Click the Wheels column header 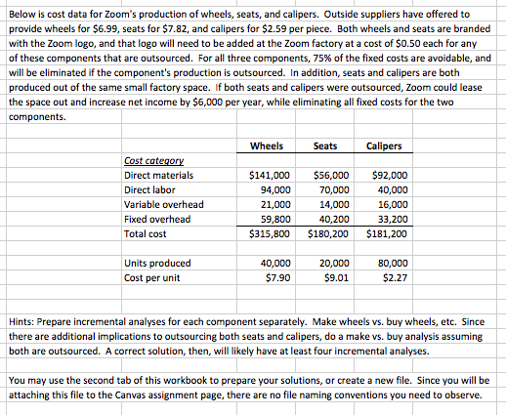pyautogui.click(x=268, y=146)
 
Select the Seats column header pyautogui.click(x=325, y=146)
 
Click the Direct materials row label pyautogui.click(x=158, y=176)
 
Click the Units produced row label pyautogui.click(x=156, y=263)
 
